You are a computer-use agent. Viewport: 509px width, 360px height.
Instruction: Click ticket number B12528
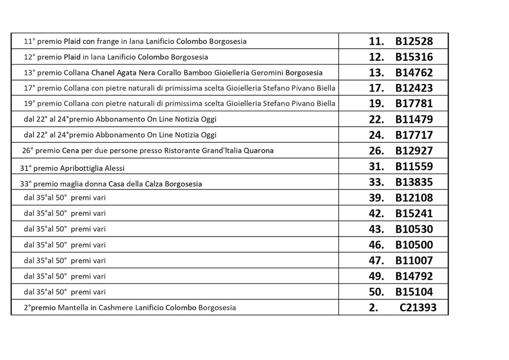[x=414, y=41]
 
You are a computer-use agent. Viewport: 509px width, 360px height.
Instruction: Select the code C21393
[x=418, y=308]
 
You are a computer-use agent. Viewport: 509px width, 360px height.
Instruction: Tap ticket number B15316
[x=414, y=57]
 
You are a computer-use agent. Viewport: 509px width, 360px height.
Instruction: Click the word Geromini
[x=267, y=73]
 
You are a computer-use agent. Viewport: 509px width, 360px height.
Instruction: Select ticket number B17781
[x=414, y=104]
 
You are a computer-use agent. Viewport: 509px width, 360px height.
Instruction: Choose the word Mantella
[x=73, y=308]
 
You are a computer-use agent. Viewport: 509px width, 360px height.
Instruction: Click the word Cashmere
[x=116, y=308]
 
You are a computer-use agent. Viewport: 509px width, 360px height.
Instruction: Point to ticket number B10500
[x=414, y=245]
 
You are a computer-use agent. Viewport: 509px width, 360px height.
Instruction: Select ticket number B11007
[x=414, y=261]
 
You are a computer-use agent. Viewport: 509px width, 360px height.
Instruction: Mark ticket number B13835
[x=414, y=182]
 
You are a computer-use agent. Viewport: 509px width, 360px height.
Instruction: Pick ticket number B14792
[x=414, y=276]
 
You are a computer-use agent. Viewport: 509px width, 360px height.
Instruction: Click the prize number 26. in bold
[x=376, y=151]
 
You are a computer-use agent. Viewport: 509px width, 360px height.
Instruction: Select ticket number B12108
[x=414, y=198]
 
